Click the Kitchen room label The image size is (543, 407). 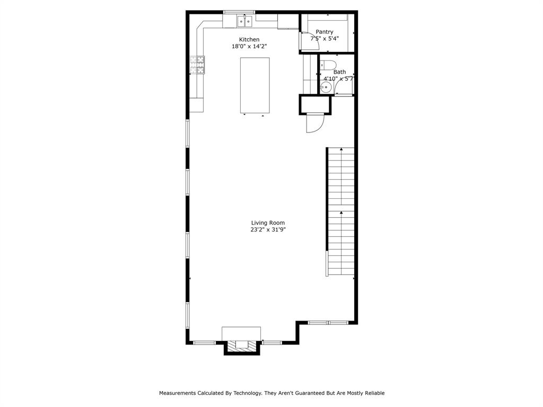tap(249, 39)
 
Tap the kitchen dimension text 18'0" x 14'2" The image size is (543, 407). tap(249, 47)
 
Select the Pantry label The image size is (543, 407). tap(325, 32)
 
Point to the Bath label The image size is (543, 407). tap(339, 72)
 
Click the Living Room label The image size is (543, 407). tap(268, 223)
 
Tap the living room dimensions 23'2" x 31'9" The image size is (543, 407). tap(268, 229)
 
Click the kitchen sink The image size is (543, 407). tap(244, 21)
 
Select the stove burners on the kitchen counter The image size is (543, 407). tap(197, 65)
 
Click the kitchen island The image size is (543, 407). tap(255, 85)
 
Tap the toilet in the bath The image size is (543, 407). tap(328, 65)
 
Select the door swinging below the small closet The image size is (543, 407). tap(315, 123)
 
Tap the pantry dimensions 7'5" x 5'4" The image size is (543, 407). tap(325, 38)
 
